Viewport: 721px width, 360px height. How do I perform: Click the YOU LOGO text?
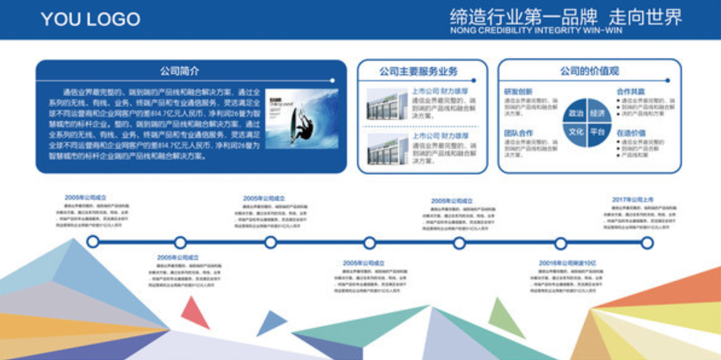tap(90, 19)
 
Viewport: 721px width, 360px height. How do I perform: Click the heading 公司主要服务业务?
tap(423, 71)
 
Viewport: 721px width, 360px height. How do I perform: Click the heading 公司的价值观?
tap(590, 71)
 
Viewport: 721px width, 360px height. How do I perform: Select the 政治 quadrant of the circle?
tap(576, 113)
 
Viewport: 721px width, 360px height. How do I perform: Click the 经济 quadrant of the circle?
tap(598, 113)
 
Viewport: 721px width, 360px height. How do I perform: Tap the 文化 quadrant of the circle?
tap(576, 131)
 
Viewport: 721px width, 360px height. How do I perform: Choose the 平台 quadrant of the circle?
tap(598, 131)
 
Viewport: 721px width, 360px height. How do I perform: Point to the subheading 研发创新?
tap(518, 91)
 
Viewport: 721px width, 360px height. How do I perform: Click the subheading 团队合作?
tap(518, 133)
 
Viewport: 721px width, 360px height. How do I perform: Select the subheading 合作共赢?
tap(631, 91)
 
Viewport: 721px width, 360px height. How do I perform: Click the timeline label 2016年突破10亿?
tap(567, 263)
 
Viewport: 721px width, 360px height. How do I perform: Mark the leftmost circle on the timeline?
tap(93, 242)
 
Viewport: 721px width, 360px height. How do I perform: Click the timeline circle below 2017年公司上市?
tap(646, 242)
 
